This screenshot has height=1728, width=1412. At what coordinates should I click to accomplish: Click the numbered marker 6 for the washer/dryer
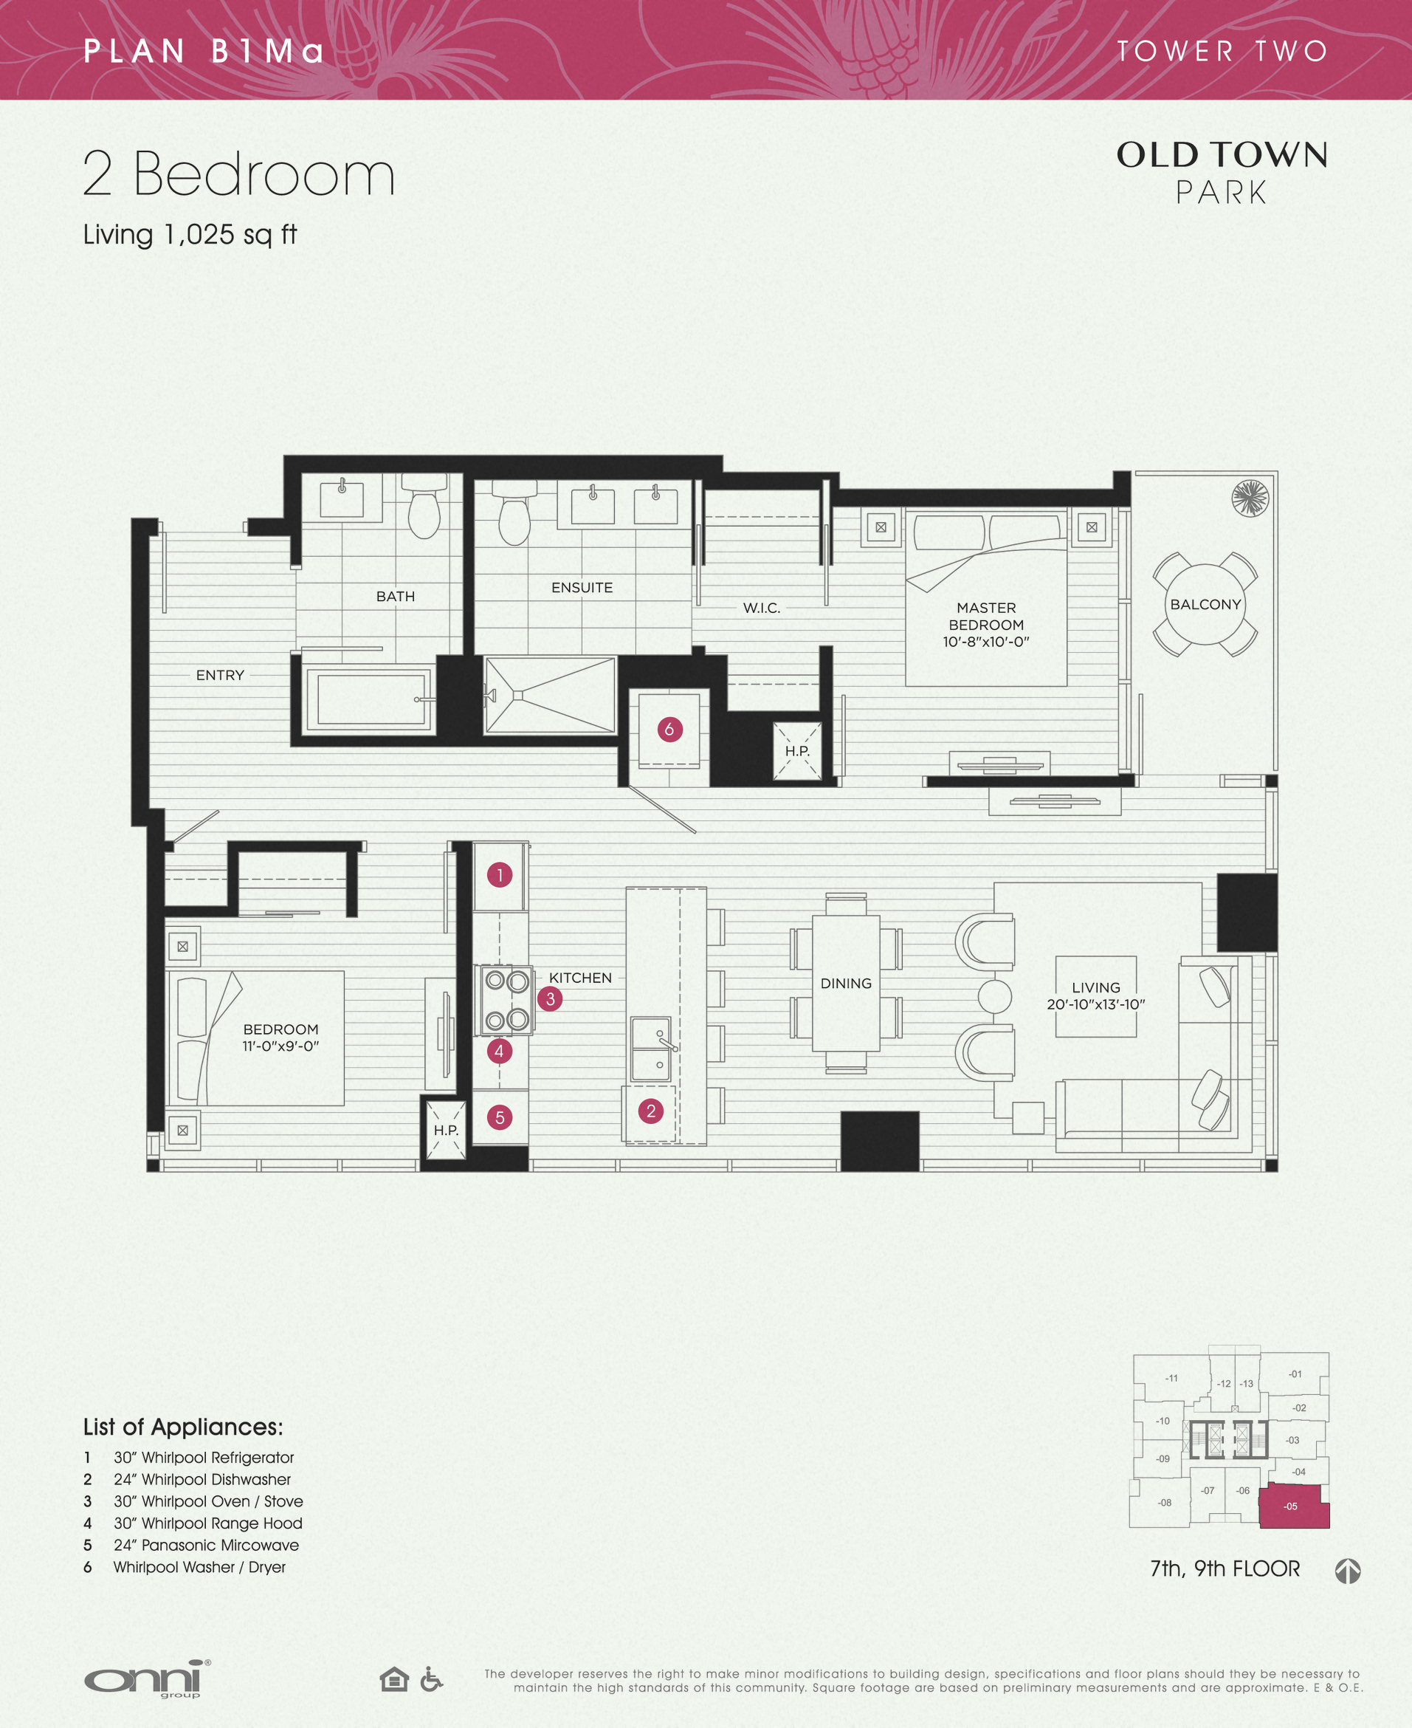pos(669,729)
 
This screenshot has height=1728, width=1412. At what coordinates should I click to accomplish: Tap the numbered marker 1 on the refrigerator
pos(500,874)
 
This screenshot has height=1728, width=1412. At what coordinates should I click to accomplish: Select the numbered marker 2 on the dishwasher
pos(651,1111)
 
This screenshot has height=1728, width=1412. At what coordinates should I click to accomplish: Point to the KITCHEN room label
pos(580,977)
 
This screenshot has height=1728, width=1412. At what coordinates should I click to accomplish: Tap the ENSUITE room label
pos(582,587)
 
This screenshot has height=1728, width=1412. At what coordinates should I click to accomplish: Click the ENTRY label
pos(220,675)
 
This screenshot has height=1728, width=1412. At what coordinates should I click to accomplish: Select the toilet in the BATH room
pos(424,507)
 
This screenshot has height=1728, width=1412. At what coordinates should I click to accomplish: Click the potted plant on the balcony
pos(1250,498)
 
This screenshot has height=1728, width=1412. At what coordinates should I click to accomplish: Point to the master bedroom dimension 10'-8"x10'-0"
pos(986,642)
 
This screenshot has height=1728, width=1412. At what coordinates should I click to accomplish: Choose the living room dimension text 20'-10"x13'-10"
pos(1095,1004)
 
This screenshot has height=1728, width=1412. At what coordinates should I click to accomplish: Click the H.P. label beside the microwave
pos(446,1130)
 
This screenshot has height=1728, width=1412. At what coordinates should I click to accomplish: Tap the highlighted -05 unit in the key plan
pos(1293,1506)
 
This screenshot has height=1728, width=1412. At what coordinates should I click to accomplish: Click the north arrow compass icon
pos(1348,1571)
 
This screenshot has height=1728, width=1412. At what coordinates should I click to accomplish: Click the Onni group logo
pos(147,1679)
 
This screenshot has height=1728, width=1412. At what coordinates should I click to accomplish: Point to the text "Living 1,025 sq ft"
pos(190,234)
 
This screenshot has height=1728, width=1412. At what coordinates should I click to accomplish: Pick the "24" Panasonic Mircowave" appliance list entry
pos(206,1545)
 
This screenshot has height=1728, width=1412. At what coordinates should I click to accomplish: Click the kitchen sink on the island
pos(652,1049)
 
